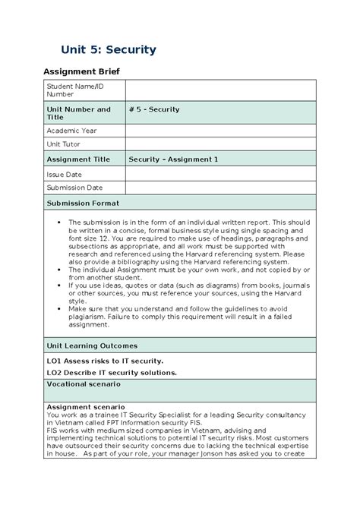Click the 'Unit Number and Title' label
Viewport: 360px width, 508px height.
pos(78,113)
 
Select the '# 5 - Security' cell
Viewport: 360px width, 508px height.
pos(155,109)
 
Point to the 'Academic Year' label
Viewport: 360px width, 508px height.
pos(72,131)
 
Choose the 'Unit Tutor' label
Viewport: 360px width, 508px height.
pos(65,144)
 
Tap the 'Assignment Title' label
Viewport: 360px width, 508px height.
pos(79,159)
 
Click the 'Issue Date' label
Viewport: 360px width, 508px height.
pos(65,174)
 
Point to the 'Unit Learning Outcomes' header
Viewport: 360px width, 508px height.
pos(94,346)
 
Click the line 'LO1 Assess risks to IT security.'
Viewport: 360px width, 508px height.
pos(105,361)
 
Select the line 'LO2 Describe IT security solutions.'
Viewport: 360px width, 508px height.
pos(112,372)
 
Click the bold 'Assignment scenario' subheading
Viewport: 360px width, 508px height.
pos(86,407)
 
